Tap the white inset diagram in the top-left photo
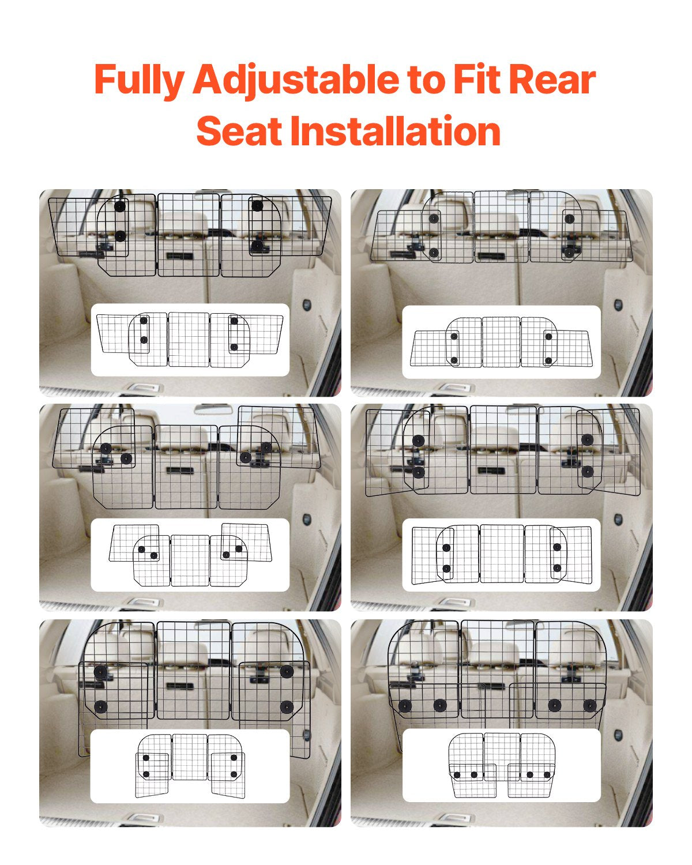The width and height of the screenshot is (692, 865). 190,340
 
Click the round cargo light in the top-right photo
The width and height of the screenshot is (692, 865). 618,303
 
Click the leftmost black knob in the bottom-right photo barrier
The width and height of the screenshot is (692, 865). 405,706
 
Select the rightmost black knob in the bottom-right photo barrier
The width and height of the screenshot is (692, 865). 589,705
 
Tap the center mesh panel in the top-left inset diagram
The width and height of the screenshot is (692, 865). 189,340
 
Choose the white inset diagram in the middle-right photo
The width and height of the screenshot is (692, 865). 501,554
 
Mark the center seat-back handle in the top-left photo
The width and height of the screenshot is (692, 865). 179,256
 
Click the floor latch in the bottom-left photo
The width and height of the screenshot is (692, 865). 138,817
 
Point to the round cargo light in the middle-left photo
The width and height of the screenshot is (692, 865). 307,520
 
